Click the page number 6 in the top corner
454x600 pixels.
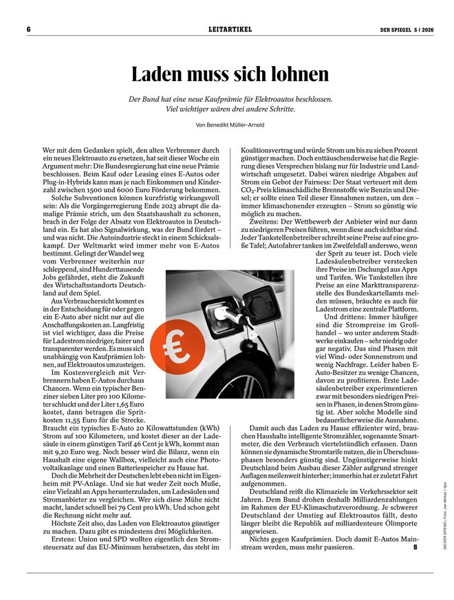(x=29, y=30)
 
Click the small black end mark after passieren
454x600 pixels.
(x=415, y=548)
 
